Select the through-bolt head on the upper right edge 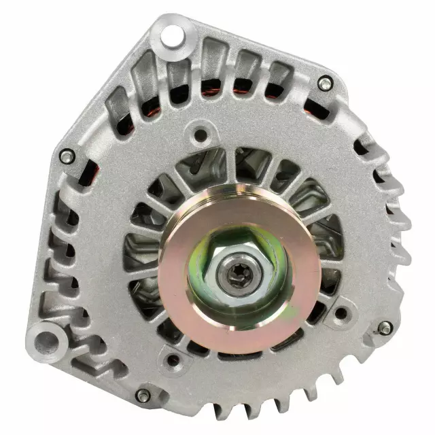tap(325, 83)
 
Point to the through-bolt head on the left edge tap(66, 156)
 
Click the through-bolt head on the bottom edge tap(142, 395)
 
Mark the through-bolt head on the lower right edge tap(385, 328)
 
